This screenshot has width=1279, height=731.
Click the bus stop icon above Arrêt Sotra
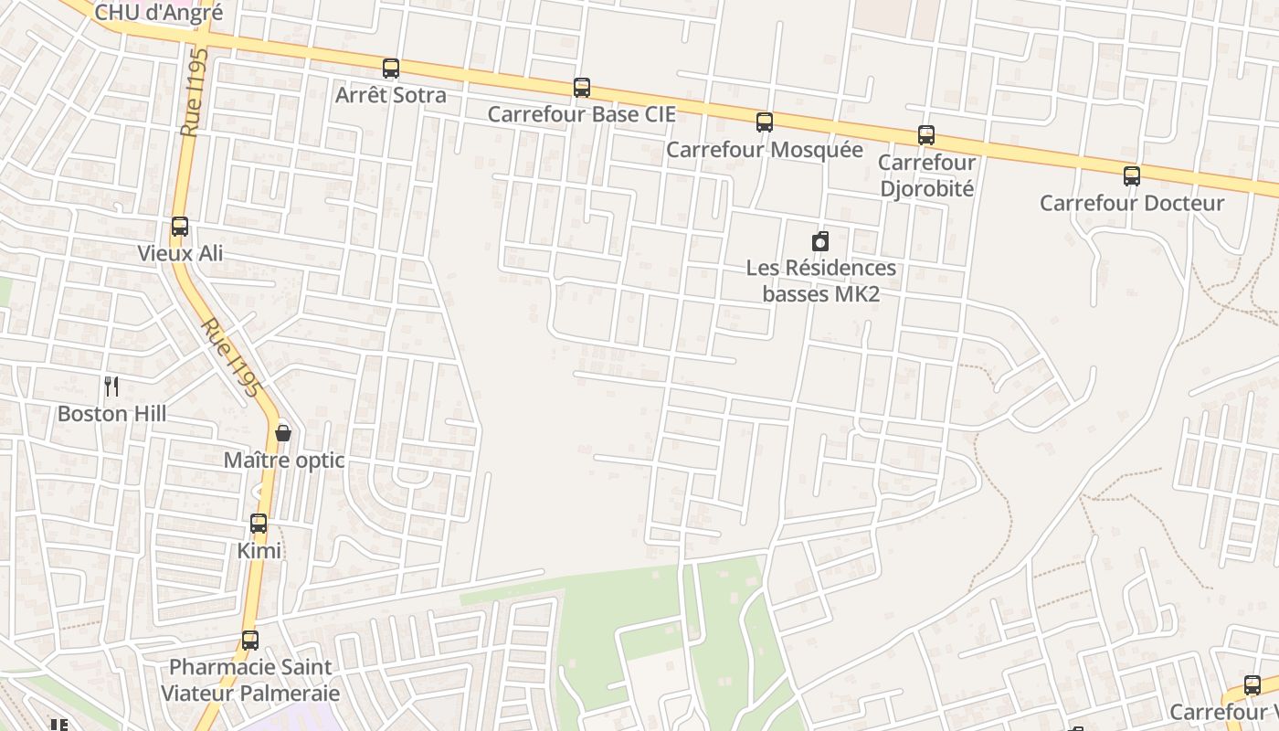(391, 68)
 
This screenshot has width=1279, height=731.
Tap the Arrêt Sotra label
(391, 95)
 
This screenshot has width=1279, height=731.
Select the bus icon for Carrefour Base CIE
(582, 88)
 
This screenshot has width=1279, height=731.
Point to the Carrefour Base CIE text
(582, 114)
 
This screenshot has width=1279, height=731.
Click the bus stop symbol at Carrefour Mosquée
(765, 122)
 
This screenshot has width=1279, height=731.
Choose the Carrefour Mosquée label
(765, 150)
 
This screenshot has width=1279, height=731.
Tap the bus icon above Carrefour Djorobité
(926, 135)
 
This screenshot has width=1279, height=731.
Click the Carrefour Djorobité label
(926, 175)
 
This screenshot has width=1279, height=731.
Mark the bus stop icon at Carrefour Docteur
(1132, 176)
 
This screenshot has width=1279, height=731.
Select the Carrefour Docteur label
(1132, 203)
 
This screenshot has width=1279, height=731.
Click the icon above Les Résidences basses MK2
(820, 241)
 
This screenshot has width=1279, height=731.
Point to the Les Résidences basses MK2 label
(820, 281)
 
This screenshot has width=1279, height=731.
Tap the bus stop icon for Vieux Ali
(180, 227)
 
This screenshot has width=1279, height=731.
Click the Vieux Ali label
(180, 253)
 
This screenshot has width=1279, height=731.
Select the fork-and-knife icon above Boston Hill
(111, 387)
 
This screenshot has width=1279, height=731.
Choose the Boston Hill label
(111, 414)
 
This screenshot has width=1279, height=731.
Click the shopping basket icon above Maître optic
(283, 433)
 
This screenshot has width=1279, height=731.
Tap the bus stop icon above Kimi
(259, 524)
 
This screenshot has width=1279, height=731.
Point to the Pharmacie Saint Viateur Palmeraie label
(250, 680)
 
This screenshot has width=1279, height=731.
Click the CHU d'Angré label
(159, 13)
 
